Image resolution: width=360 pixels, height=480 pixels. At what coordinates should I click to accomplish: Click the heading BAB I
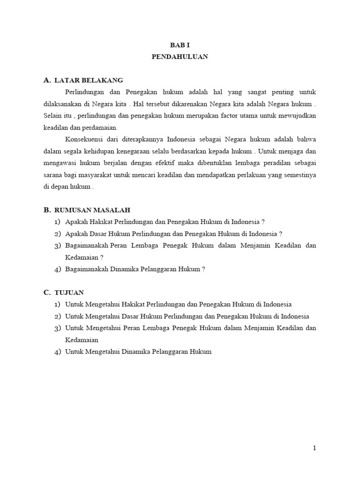[180, 45]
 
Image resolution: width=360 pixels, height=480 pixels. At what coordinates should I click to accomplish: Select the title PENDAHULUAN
[180, 57]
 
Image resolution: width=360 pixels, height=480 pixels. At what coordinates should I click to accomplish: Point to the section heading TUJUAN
[69, 292]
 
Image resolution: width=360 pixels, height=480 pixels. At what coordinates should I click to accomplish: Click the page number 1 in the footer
[315, 448]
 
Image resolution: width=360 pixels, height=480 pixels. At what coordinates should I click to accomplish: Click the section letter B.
[46, 210]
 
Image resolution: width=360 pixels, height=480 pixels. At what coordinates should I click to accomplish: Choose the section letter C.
[46, 292]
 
